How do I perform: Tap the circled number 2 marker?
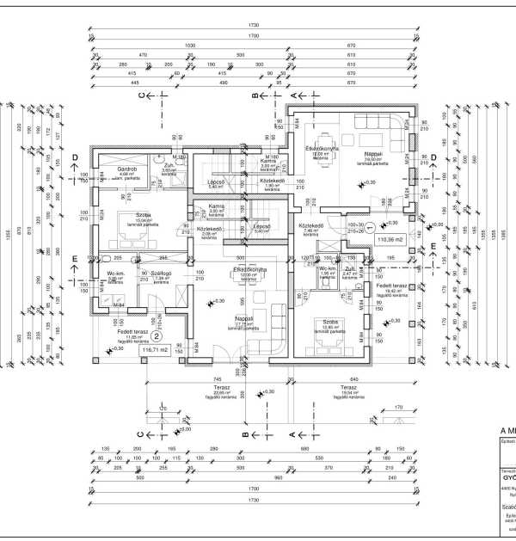(x=157, y=337)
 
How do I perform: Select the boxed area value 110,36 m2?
(x=391, y=251)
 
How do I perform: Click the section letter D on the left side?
(x=75, y=157)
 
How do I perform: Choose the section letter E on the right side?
(x=434, y=247)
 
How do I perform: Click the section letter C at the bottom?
(x=140, y=435)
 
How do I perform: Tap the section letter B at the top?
(x=255, y=95)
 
